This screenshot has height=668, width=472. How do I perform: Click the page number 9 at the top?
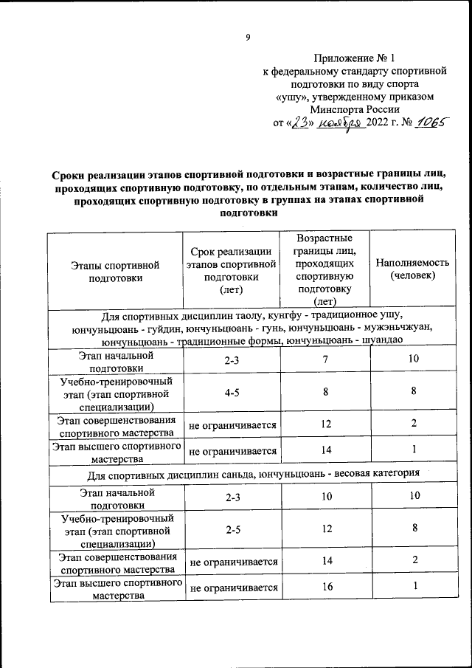click(249, 38)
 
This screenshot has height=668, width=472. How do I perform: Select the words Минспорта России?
click(355, 109)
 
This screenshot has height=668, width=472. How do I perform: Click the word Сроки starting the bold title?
click(69, 174)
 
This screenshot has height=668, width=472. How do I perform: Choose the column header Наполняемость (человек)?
click(412, 269)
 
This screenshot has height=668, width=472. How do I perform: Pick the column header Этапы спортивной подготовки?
click(115, 271)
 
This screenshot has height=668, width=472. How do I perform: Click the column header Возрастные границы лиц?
click(324, 269)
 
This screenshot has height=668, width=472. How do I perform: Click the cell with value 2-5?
click(232, 528)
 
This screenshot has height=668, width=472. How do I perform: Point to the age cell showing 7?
click(324, 359)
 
